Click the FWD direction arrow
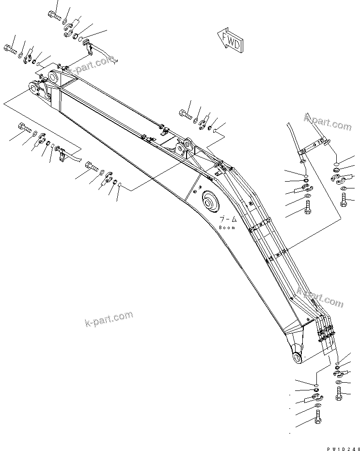[230, 41]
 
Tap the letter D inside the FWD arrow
[237, 46]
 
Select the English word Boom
[227, 227]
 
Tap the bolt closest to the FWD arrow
[186, 115]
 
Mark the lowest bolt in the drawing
[318, 417]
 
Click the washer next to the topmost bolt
[65, 22]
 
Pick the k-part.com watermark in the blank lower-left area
[108, 318]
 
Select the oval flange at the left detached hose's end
[301, 161]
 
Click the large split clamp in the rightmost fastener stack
[341, 179]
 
